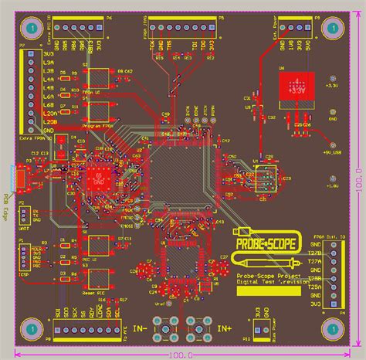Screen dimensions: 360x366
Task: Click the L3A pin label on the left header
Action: point(47,62)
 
